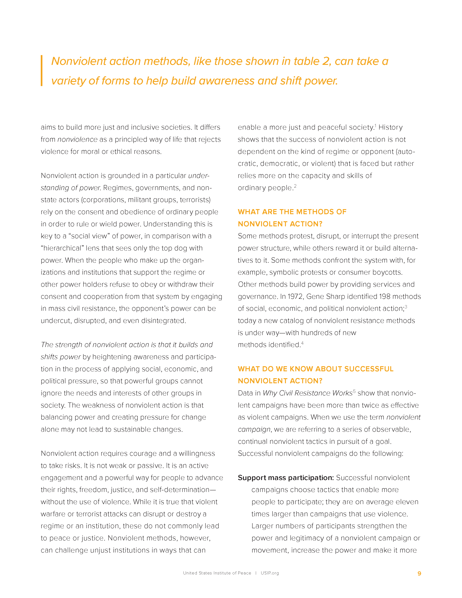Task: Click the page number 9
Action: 419,573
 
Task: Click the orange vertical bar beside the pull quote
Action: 42,71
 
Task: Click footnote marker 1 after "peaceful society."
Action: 376,126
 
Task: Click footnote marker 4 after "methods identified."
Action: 302,343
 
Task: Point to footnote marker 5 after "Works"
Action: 354,391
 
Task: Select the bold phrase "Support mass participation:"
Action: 286,478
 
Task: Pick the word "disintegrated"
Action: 163,321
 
